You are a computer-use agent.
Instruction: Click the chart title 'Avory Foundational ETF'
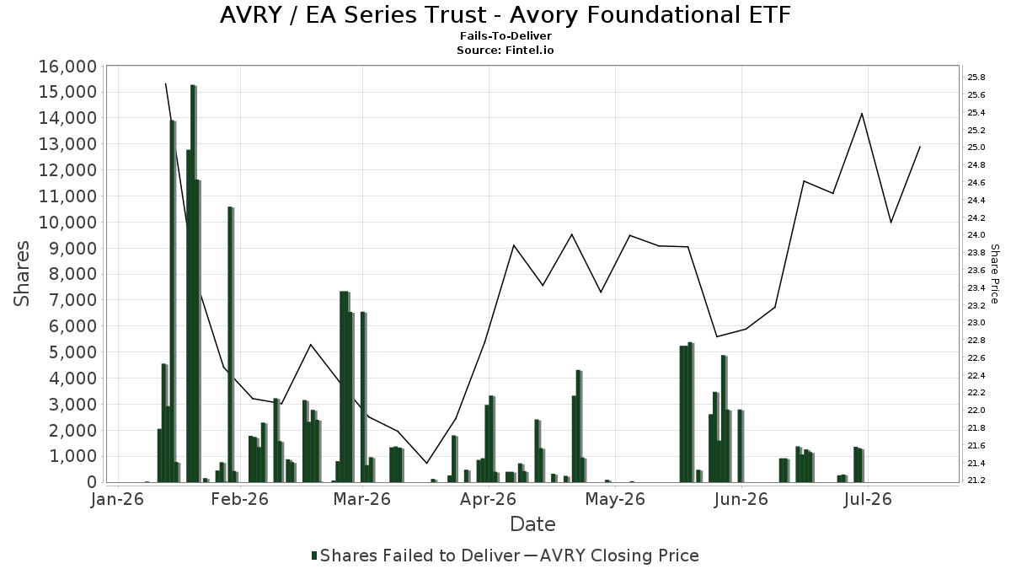click(650, 15)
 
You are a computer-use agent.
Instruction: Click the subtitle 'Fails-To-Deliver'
click(505, 36)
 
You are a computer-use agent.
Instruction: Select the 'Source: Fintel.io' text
click(505, 50)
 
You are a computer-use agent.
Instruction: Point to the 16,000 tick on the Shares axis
click(67, 67)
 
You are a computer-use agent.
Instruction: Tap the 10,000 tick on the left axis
click(67, 223)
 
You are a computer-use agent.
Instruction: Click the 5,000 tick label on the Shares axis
click(72, 352)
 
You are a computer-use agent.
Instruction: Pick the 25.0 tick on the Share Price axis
click(976, 148)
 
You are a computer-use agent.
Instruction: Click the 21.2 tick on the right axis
click(976, 480)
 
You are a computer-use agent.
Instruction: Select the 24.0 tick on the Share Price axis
click(976, 235)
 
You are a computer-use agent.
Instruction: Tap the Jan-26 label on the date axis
click(117, 499)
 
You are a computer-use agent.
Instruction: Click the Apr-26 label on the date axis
click(488, 499)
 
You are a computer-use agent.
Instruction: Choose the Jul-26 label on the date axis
click(868, 499)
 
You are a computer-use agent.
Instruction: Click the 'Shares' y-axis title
click(21, 274)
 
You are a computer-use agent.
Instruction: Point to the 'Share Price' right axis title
click(994, 274)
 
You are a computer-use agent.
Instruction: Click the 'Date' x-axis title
click(532, 524)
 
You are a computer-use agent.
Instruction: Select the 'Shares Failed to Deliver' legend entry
click(415, 556)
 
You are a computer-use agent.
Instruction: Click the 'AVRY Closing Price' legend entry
click(612, 556)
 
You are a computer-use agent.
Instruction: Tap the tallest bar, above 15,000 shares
click(193, 283)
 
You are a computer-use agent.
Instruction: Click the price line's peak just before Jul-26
click(862, 113)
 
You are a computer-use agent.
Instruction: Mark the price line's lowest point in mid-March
click(426, 464)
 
